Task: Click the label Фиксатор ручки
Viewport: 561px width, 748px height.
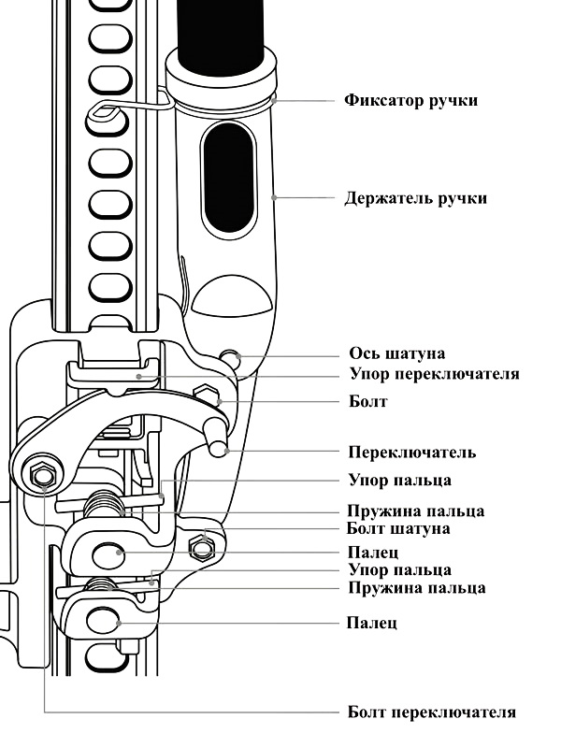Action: click(x=410, y=101)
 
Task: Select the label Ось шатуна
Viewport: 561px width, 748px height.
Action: click(x=396, y=353)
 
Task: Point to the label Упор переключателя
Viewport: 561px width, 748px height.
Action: click(x=434, y=373)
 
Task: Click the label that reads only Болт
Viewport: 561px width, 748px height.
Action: click(x=367, y=401)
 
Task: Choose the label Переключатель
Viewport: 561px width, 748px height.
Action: click(x=412, y=452)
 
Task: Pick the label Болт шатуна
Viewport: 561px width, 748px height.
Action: click(x=398, y=528)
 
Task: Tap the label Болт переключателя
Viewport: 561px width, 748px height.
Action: click(x=432, y=712)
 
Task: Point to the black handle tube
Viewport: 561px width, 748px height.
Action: click(x=221, y=36)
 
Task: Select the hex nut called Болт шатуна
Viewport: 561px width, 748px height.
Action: click(x=201, y=547)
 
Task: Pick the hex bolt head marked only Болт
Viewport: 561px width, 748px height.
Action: click(x=208, y=394)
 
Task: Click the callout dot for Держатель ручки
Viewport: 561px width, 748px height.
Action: click(x=274, y=197)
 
